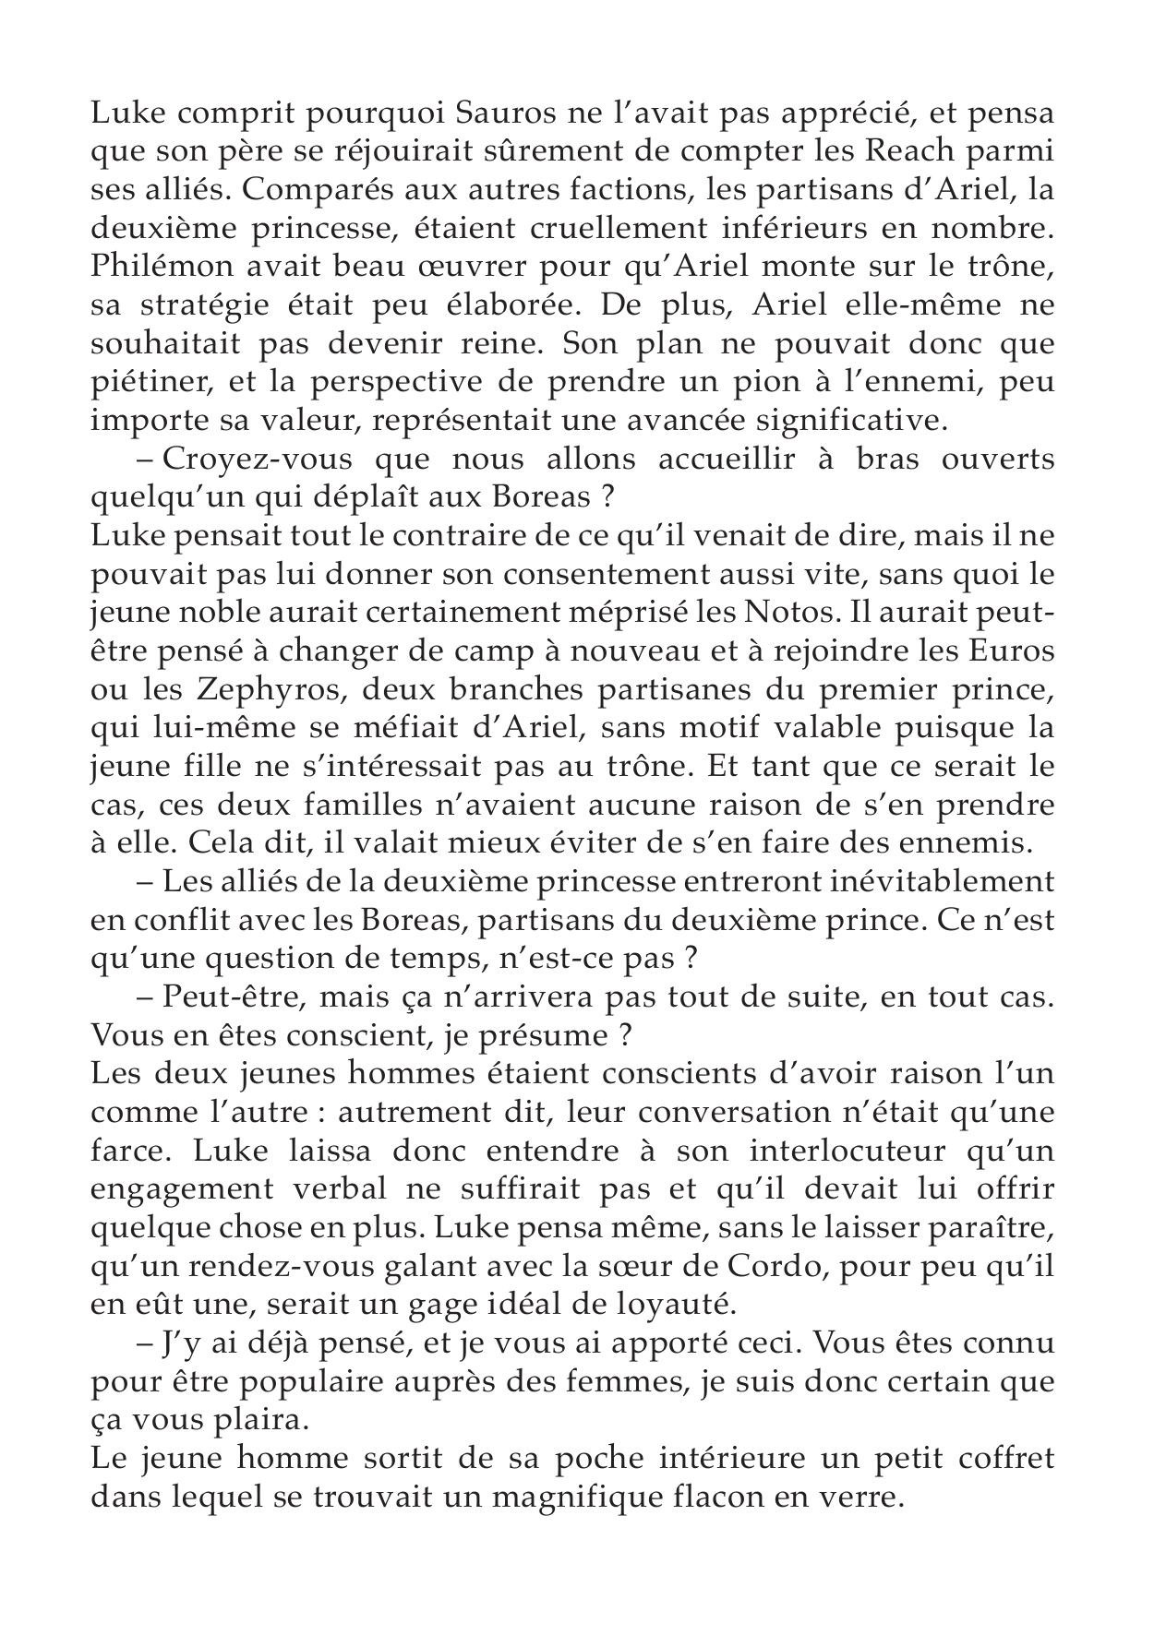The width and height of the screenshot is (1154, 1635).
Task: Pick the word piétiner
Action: click(x=148, y=383)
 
